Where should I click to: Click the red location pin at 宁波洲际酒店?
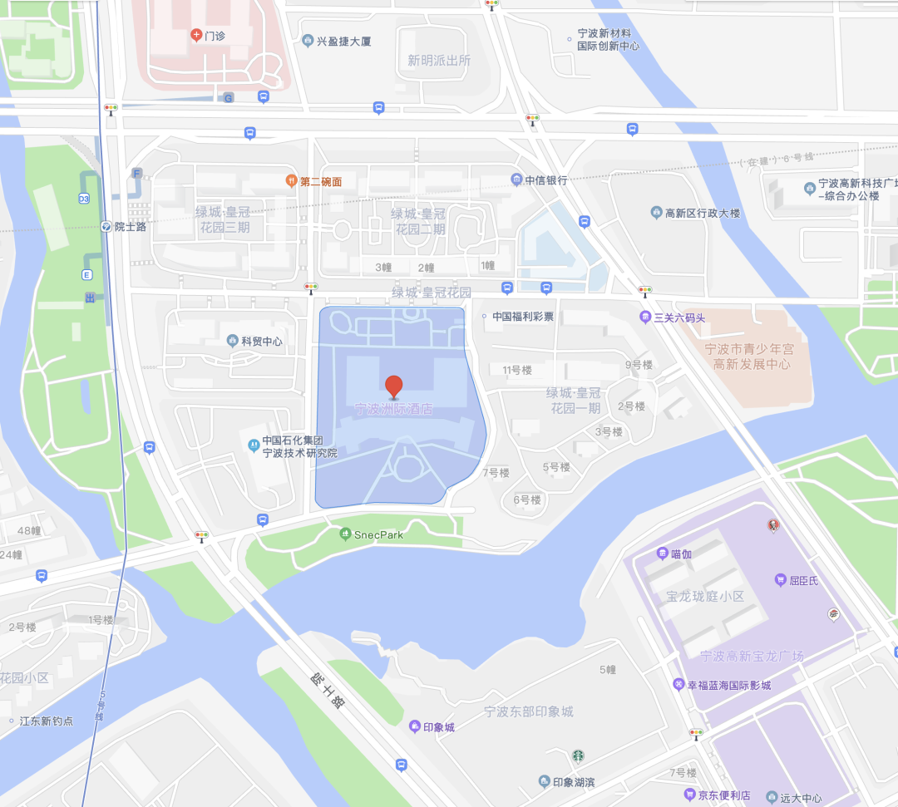pos(393,386)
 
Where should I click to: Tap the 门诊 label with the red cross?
pos(215,35)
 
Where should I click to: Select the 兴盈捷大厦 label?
pos(343,40)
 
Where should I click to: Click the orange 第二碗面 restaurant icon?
pos(291,180)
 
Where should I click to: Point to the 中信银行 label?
pos(545,180)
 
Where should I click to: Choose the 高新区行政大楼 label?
pos(702,213)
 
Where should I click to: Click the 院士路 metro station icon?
pos(106,226)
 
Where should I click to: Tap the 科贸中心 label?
pos(261,341)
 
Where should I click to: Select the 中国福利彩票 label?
pos(522,316)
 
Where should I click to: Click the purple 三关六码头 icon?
pos(645,317)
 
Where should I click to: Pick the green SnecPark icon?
pos(346,534)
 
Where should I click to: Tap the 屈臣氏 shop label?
pos(802,580)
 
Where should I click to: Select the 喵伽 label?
pos(681,554)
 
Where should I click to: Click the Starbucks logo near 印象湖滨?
pos(578,756)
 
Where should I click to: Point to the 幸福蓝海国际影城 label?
pos(728,685)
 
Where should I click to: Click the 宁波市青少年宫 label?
pos(749,349)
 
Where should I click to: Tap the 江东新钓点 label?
pos(46,721)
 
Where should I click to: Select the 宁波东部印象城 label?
pos(529,711)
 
